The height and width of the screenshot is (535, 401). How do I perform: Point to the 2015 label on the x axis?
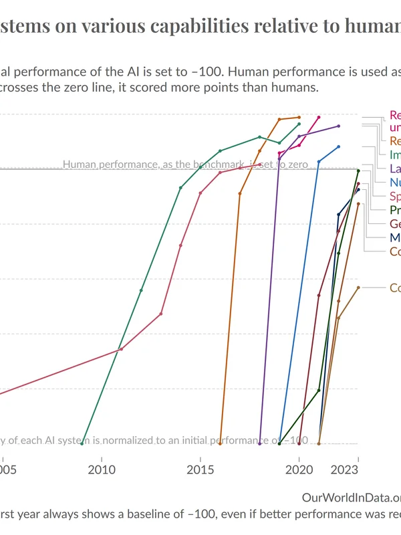200,470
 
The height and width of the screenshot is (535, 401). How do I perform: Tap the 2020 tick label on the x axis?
299,470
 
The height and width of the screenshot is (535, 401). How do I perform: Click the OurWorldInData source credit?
351,498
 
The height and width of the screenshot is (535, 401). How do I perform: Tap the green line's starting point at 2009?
82,443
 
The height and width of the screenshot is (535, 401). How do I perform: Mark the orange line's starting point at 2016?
220,443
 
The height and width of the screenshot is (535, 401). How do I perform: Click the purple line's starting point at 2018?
259,443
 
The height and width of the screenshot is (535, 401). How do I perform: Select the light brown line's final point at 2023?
358,288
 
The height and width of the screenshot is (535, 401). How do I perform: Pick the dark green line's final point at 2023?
358,171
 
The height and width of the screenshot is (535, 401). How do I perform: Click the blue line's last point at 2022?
339,146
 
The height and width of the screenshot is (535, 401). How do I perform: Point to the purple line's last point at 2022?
339,126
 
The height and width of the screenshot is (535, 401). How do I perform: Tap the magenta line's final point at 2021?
319,117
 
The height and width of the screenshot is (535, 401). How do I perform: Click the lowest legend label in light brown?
395,288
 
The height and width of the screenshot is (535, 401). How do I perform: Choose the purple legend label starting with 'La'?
395,168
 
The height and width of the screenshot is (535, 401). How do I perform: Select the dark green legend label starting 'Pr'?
395,210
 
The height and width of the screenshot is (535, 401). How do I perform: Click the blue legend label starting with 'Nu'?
395,182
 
